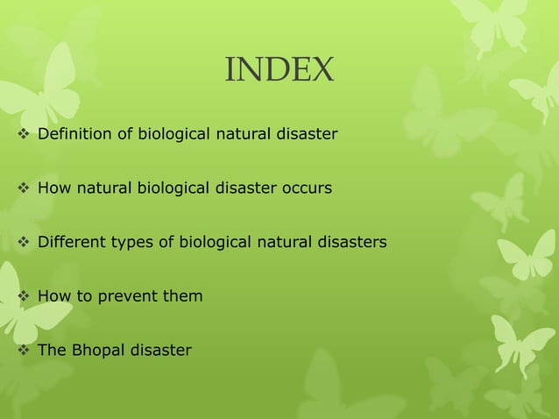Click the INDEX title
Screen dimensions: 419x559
279,70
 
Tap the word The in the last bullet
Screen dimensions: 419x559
51,351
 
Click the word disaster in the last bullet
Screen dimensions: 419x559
160,351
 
